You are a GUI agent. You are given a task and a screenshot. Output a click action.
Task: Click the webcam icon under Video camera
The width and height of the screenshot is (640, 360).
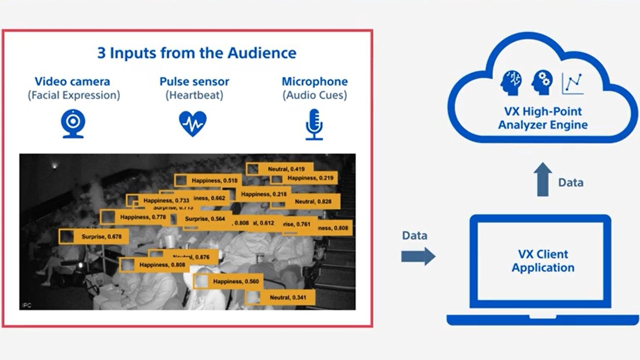click(x=73, y=123)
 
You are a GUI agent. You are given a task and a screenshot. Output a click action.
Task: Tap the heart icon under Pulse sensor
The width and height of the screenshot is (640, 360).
click(x=193, y=123)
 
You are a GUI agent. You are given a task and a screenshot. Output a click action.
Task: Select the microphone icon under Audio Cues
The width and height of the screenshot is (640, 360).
click(x=314, y=124)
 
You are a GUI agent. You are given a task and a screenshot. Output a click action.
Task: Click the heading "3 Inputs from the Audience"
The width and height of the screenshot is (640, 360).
click(x=197, y=53)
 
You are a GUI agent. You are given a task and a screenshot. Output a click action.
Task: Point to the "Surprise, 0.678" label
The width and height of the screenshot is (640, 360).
click(x=101, y=236)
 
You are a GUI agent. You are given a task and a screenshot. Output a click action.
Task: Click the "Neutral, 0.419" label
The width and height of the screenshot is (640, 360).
click(x=286, y=169)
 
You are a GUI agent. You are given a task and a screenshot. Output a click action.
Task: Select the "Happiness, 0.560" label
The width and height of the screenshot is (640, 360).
click(x=236, y=281)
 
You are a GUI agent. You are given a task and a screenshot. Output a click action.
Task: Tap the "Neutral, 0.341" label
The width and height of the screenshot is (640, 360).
click(x=288, y=297)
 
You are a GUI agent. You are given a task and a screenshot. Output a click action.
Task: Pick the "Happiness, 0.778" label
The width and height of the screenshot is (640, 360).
click(x=143, y=217)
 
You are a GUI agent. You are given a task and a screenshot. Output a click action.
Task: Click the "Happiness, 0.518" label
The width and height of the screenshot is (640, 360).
click(x=214, y=180)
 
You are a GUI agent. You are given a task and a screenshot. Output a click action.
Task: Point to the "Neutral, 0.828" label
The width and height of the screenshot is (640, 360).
click(x=313, y=202)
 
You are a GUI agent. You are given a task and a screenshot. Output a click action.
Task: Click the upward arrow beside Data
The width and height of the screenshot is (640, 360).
click(x=542, y=179)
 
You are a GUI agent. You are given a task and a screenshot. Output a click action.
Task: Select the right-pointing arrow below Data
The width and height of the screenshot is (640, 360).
click(x=418, y=256)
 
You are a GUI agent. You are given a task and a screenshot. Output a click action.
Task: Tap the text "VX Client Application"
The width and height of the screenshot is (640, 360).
click(x=543, y=261)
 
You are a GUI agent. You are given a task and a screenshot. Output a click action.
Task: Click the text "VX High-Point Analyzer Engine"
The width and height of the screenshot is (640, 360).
click(x=543, y=118)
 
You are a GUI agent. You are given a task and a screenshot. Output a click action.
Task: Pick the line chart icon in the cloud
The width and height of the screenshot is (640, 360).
click(x=572, y=83)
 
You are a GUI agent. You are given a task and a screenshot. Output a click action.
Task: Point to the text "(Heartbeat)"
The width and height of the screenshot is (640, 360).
click(x=194, y=95)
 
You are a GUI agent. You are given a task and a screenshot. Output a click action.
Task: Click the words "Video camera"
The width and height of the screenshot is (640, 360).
click(x=72, y=82)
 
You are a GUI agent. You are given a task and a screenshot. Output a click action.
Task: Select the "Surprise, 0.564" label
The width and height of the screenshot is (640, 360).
click(x=205, y=219)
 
